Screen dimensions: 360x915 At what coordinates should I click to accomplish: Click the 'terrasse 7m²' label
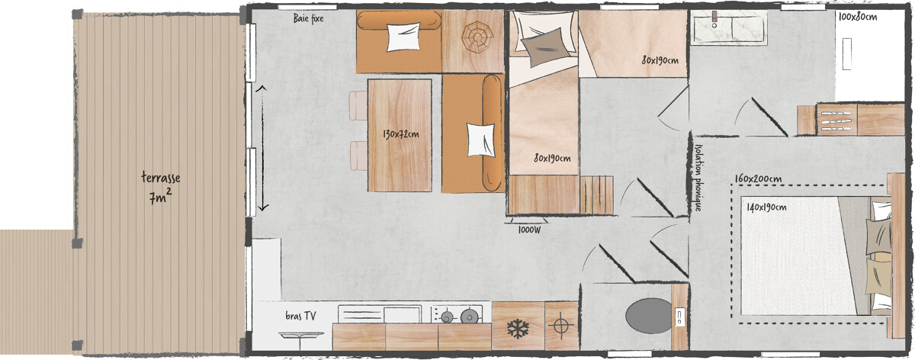[160, 188]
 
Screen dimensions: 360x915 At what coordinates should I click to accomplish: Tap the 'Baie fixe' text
[309, 19]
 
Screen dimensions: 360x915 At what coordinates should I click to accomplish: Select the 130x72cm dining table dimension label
[400, 135]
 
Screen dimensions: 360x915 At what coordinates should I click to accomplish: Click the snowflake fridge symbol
[518, 329]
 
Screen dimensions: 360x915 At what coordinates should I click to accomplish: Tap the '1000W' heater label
[529, 229]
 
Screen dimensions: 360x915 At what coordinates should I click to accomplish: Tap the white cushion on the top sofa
[403, 37]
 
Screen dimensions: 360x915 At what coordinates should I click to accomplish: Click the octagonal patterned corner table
[474, 36]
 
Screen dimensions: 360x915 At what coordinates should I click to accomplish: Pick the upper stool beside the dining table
[358, 106]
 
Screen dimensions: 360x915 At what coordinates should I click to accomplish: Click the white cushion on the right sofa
[481, 140]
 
